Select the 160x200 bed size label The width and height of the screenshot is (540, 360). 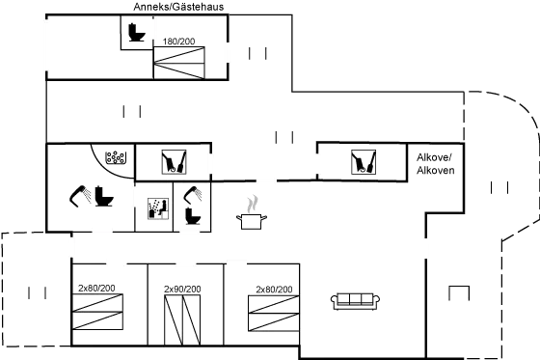180,42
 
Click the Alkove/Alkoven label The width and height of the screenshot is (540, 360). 434,163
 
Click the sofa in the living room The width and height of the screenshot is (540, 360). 352,301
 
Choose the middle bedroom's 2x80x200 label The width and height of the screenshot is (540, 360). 182,289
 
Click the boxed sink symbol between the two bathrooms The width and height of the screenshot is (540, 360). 156,208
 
